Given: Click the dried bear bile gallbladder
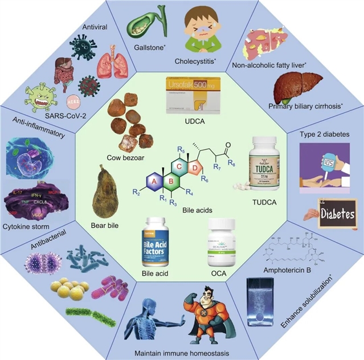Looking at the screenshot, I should pos(105,192).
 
